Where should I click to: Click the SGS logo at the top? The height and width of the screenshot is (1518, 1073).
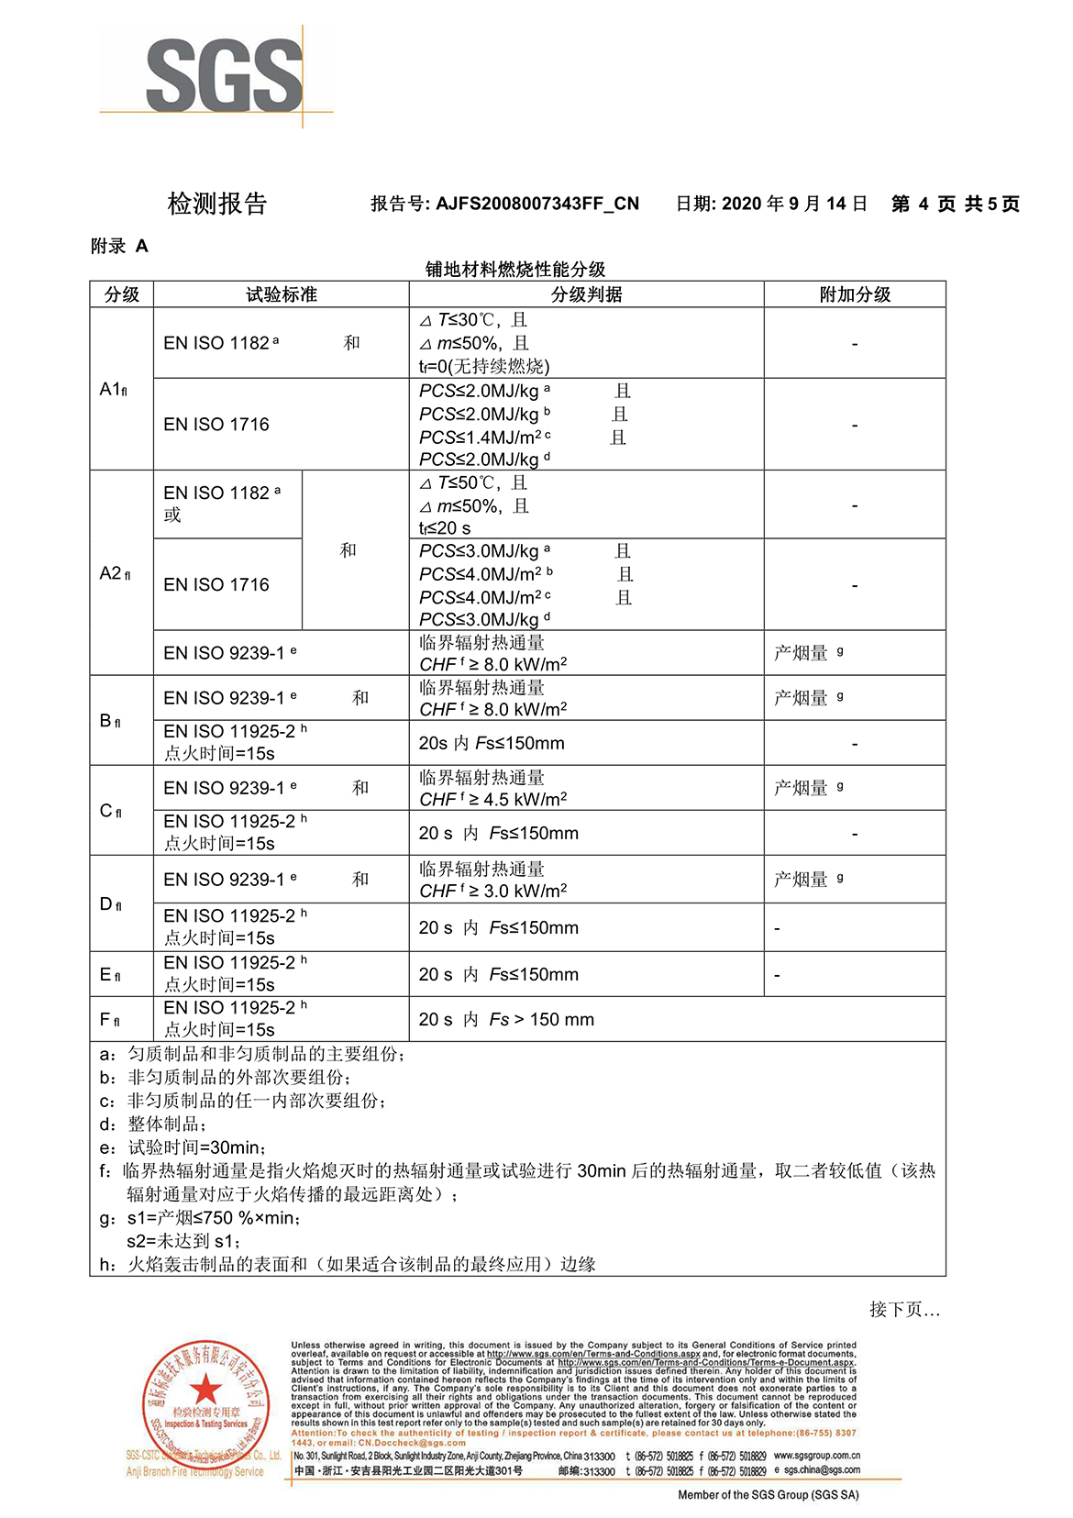click(224, 75)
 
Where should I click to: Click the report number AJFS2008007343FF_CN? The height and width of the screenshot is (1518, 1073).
click(536, 204)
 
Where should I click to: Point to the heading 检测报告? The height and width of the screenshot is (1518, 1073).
click(216, 204)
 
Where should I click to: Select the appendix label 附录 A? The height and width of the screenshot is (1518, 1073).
click(119, 246)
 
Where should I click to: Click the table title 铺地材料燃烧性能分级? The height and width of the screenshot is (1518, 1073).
click(515, 269)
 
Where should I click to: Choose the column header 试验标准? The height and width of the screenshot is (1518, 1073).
click(281, 294)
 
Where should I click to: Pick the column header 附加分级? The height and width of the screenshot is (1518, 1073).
click(855, 294)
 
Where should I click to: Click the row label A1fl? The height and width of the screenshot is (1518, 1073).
click(113, 389)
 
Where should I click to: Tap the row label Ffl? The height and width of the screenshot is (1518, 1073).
click(109, 1019)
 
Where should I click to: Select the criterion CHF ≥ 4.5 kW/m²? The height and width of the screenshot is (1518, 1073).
click(493, 799)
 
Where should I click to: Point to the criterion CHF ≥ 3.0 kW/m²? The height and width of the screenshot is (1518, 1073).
click(493, 891)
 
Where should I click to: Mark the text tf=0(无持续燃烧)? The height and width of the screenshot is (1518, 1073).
click(484, 366)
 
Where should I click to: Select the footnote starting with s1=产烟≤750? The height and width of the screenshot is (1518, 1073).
click(213, 1217)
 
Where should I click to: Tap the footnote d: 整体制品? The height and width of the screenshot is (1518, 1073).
click(153, 1124)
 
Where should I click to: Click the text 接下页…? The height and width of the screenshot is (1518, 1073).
click(904, 1309)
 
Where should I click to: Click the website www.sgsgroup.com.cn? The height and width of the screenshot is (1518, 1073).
click(816, 1456)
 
